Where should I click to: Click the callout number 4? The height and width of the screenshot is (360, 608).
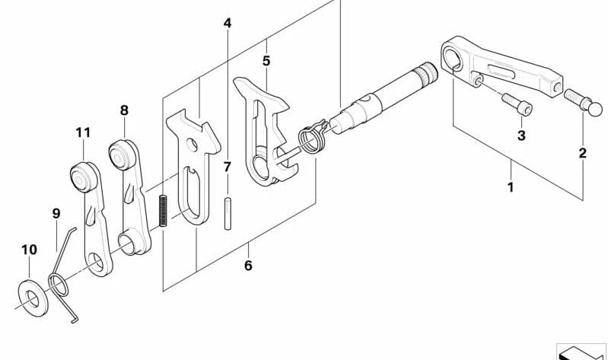[x=228, y=24]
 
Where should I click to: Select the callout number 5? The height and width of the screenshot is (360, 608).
[x=266, y=61]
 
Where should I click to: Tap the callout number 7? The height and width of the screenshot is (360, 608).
[x=228, y=167]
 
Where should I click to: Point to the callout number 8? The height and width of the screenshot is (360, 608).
[x=124, y=110]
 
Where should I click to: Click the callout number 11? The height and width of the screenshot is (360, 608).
[x=83, y=132]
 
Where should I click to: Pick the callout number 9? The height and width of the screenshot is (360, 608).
[x=56, y=213]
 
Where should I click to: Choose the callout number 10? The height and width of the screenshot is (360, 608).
[x=29, y=250]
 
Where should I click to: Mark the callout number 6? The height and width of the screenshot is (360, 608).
[x=248, y=266]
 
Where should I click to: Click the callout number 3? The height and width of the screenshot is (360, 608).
[x=521, y=135]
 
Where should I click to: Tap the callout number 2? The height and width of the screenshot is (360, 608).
[x=582, y=153]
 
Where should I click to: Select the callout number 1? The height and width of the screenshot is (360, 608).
[x=511, y=187]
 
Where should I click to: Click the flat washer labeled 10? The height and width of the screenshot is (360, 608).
[x=33, y=298]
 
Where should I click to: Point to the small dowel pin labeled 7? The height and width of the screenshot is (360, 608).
[x=228, y=214]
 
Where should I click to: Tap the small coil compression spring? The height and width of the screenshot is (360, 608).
[x=164, y=211]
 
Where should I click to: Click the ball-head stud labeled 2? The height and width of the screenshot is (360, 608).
[x=583, y=102]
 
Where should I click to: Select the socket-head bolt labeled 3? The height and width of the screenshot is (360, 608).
[x=517, y=104]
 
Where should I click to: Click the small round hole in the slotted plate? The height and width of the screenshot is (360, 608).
[x=191, y=145]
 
